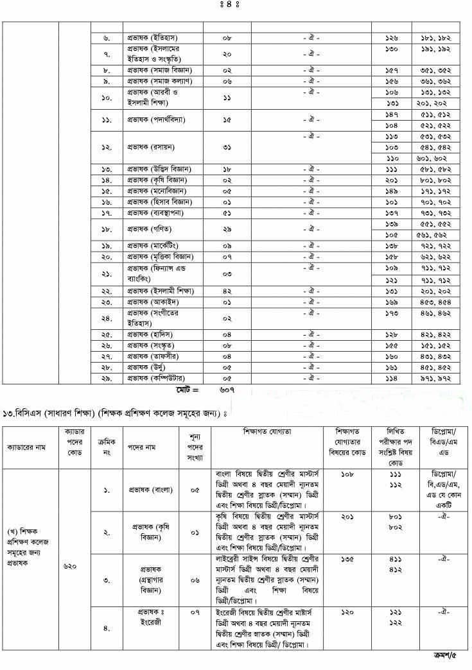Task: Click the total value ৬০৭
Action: click(x=227, y=390)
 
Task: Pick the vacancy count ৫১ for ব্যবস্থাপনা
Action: click(x=227, y=211)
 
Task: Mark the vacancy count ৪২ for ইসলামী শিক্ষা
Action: click(x=227, y=291)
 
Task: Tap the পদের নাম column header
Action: click(x=143, y=445)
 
